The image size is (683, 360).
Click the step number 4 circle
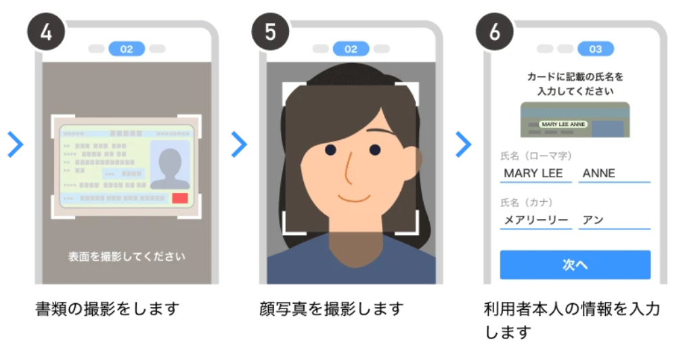(x=46, y=32)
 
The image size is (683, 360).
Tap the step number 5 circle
(x=271, y=32)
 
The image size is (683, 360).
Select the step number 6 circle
(x=495, y=32)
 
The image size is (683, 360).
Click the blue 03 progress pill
(x=596, y=49)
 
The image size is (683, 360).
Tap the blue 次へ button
(x=575, y=265)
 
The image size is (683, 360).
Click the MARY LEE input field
(x=535, y=174)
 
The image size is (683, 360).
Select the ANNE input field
(x=614, y=174)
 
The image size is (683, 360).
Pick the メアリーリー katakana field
(x=535, y=221)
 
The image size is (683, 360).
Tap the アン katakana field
(x=614, y=221)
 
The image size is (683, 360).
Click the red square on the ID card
(x=180, y=198)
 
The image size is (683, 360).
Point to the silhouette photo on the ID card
(x=170, y=165)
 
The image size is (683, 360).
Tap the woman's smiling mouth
(x=354, y=198)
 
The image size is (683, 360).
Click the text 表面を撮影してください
(x=127, y=256)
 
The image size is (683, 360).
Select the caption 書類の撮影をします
(x=107, y=309)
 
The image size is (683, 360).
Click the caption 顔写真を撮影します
(x=332, y=309)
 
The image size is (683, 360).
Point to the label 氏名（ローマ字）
(x=535, y=156)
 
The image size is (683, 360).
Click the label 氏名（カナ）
(x=527, y=202)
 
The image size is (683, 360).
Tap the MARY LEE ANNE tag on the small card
(x=563, y=124)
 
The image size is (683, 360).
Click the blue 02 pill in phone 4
(x=127, y=49)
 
